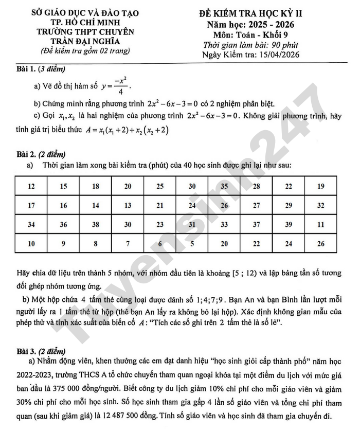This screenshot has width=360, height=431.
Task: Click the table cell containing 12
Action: coord(32,186)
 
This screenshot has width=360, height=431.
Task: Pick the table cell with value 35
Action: coord(224,186)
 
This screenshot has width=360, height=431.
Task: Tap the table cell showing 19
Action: coord(321,186)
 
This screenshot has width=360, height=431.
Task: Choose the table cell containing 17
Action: coord(32,205)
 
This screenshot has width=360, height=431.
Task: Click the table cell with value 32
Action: coord(321,205)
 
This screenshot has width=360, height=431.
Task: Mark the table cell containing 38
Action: coord(96,224)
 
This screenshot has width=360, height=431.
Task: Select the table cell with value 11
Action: coord(321,224)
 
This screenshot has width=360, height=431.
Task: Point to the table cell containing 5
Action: coord(192,243)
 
